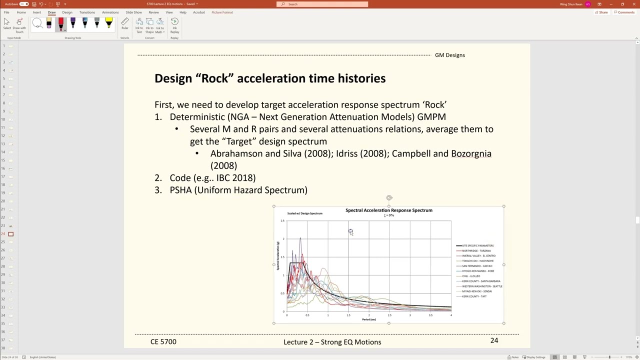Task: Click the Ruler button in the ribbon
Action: [x=124, y=23]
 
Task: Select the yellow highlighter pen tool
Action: [x=108, y=23]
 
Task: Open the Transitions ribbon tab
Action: [x=87, y=12]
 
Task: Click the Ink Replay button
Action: [x=174, y=25]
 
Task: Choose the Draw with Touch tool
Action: [x=19, y=25]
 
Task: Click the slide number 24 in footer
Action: [x=494, y=340]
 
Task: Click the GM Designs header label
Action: [x=449, y=55]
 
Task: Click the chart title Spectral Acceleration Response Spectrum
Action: [x=388, y=210]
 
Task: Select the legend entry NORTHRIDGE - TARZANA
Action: [x=476, y=250]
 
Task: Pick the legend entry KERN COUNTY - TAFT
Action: [x=474, y=296]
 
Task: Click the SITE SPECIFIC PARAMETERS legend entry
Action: [x=477, y=245]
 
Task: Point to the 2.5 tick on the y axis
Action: [x=282, y=220]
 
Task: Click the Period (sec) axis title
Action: [x=369, y=319]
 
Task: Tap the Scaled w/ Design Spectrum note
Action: [x=304, y=213]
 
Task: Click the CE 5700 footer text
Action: [x=163, y=342]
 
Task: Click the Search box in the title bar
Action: [x=322, y=4]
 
